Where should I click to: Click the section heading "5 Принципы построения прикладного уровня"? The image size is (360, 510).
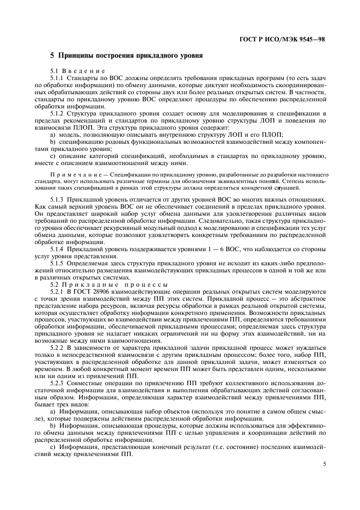[x=126, y=56]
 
